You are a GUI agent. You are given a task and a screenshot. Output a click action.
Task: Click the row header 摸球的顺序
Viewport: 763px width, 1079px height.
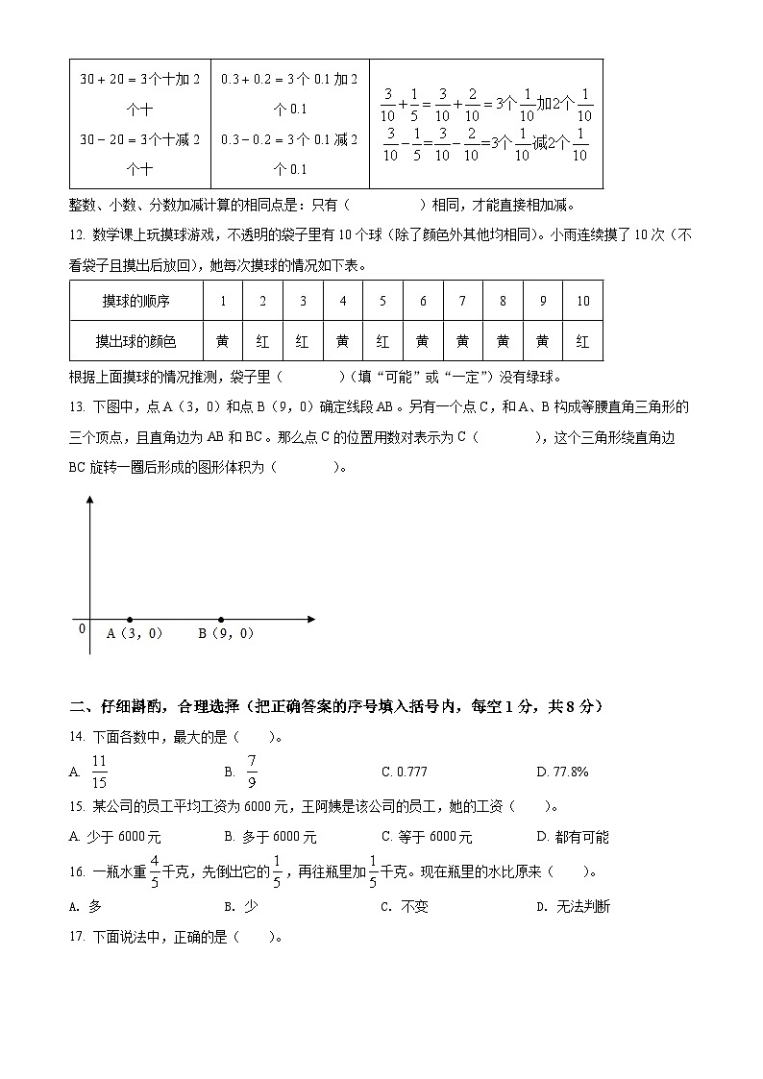(x=135, y=301)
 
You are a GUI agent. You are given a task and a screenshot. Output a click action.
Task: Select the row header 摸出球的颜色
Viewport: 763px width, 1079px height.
(x=135, y=341)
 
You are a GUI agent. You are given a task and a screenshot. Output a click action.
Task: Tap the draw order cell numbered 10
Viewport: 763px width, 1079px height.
(x=582, y=301)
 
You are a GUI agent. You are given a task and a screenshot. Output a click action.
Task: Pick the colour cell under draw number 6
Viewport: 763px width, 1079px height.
(x=423, y=341)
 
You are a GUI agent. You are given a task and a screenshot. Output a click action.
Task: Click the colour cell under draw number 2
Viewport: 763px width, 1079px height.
(x=262, y=341)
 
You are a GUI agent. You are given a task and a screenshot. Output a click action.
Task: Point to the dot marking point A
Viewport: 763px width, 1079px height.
(x=130, y=620)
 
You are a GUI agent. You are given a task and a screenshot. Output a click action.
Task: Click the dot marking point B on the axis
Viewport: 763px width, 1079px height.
(x=221, y=620)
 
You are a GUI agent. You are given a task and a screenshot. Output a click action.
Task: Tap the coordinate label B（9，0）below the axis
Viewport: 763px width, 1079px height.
(x=226, y=633)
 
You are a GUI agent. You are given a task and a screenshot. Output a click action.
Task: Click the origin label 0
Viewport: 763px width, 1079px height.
(x=82, y=628)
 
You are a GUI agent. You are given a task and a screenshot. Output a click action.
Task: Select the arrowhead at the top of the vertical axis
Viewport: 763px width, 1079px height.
(x=89, y=501)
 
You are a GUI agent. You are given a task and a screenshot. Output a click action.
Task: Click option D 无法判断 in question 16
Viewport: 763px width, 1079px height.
(x=573, y=906)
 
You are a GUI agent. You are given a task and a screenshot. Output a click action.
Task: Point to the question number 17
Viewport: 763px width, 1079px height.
(x=77, y=937)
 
